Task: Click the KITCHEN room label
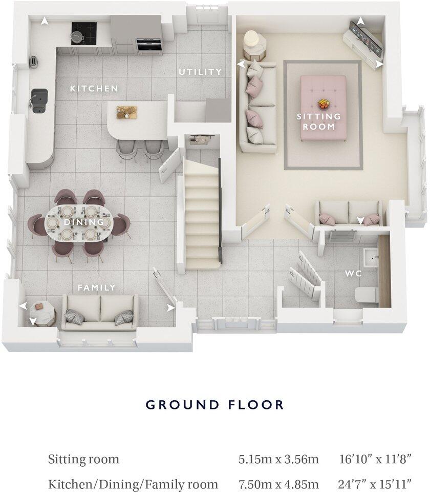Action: click(94, 89)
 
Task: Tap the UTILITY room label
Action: click(200, 72)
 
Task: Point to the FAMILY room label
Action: click(97, 287)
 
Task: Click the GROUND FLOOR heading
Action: click(214, 405)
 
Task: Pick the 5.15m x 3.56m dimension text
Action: click(278, 459)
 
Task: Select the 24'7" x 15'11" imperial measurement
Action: click(376, 484)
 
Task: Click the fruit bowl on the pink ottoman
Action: click(324, 104)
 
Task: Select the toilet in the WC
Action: click(366, 295)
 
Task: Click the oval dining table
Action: click(80, 223)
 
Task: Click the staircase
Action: click(201, 215)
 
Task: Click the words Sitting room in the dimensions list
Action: click(83, 459)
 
